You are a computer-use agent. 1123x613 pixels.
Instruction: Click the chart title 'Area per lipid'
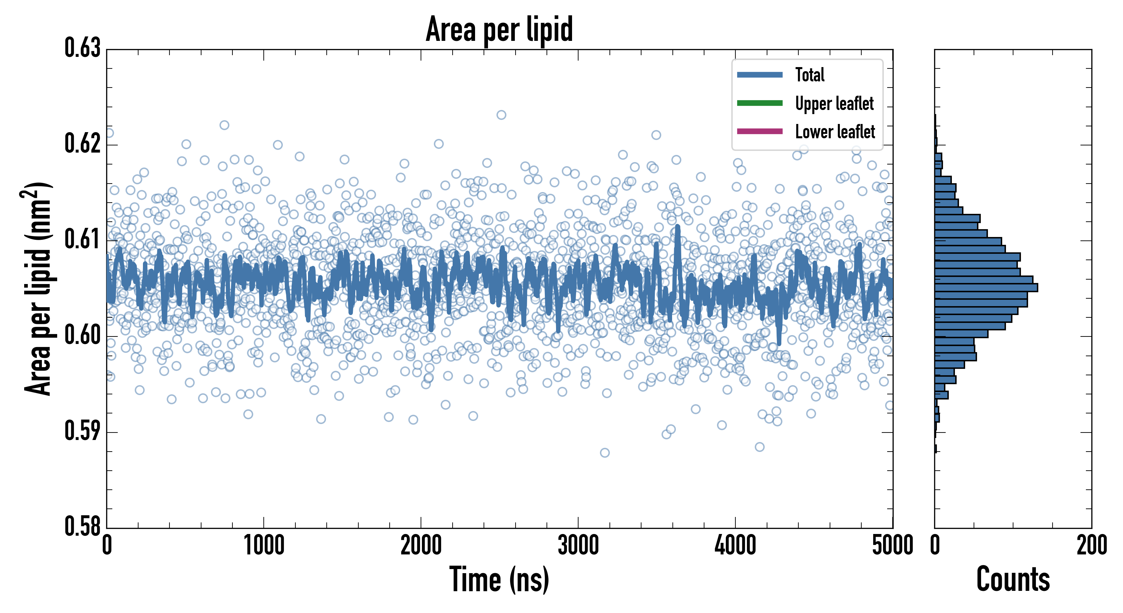[x=499, y=29]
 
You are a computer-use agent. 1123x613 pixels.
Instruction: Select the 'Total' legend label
[x=810, y=75]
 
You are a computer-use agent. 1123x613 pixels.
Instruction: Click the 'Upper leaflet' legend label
[x=834, y=104]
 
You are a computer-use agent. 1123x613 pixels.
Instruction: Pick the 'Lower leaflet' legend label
[x=835, y=132]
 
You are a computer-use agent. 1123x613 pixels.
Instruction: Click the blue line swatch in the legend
[x=760, y=75]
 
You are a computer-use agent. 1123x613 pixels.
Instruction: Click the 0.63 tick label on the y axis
[x=82, y=48]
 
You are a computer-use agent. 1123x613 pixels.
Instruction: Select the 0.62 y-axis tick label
[x=82, y=143]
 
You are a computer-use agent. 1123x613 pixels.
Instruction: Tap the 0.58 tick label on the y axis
[x=82, y=526]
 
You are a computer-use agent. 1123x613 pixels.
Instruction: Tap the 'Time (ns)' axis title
[x=499, y=579]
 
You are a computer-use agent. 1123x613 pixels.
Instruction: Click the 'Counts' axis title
[x=1013, y=579]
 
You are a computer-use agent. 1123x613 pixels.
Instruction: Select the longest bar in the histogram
[x=986, y=287]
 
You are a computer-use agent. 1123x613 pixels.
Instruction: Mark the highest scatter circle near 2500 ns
[x=501, y=115]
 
